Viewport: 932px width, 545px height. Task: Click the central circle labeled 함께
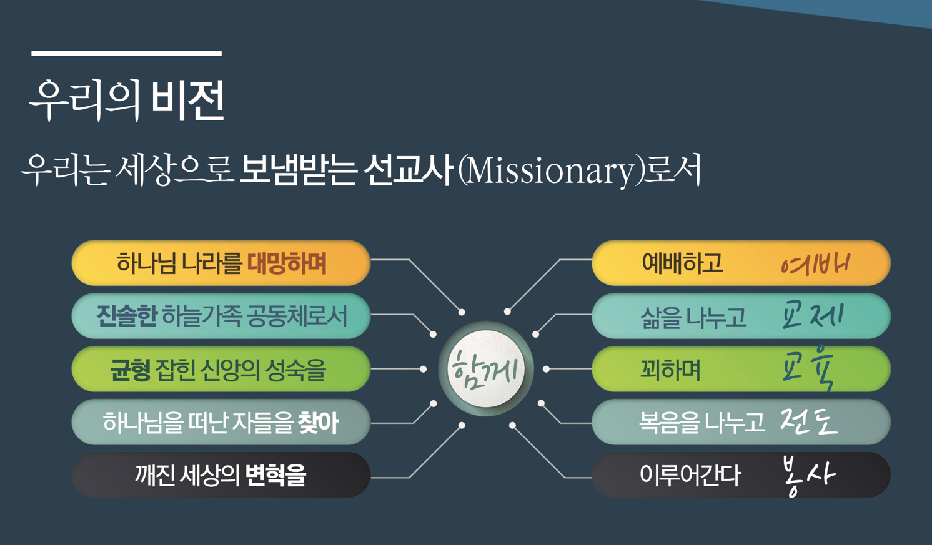(486, 369)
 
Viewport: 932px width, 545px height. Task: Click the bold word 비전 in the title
(187, 100)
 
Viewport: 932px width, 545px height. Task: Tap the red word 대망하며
(287, 263)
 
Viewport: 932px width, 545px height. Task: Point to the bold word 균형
(130, 370)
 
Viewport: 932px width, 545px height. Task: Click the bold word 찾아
(318, 423)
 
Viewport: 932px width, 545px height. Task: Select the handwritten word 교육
(810, 370)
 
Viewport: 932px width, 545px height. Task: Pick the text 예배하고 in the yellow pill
(682, 263)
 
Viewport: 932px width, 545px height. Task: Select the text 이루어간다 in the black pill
(690, 476)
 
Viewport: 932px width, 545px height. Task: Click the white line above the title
(126, 54)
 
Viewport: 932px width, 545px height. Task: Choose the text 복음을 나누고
(701, 423)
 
